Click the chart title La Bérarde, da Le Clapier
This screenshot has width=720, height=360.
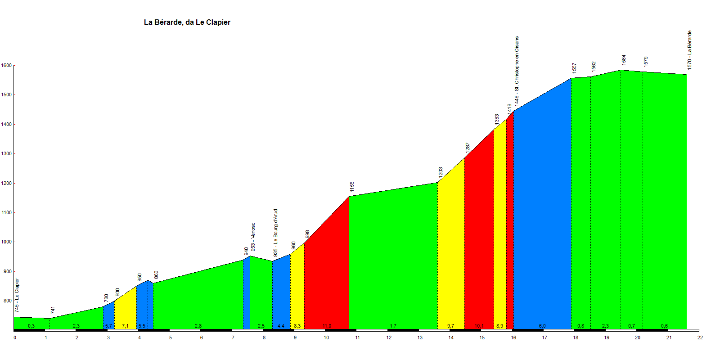coord(187,22)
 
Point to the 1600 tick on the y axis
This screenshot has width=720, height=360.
coord(6,66)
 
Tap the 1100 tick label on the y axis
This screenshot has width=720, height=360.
coord(6,213)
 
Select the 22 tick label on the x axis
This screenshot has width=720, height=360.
coord(700,337)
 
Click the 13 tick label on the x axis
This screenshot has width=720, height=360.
coord(419,337)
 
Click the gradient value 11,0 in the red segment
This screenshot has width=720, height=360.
coord(327,326)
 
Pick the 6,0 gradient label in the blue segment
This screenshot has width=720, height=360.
coord(542,326)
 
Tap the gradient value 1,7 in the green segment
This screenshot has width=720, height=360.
coord(393,326)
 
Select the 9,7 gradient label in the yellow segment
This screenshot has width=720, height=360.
coord(450,326)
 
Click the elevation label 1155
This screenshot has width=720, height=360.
coord(352,187)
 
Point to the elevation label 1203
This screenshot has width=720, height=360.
coord(441,172)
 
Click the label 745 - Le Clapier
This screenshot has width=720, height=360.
coord(17,295)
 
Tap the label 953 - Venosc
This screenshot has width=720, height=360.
coord(253,237)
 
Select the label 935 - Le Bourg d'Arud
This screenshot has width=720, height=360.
coord(275,233)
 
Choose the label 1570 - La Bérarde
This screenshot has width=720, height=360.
coord(689,50)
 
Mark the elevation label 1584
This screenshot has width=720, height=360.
coord(624,60)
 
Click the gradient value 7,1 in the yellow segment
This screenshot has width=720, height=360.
coord(125,326)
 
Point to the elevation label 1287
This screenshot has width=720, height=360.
coord(468,148)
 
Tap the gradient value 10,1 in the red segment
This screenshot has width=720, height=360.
coord(479,326)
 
